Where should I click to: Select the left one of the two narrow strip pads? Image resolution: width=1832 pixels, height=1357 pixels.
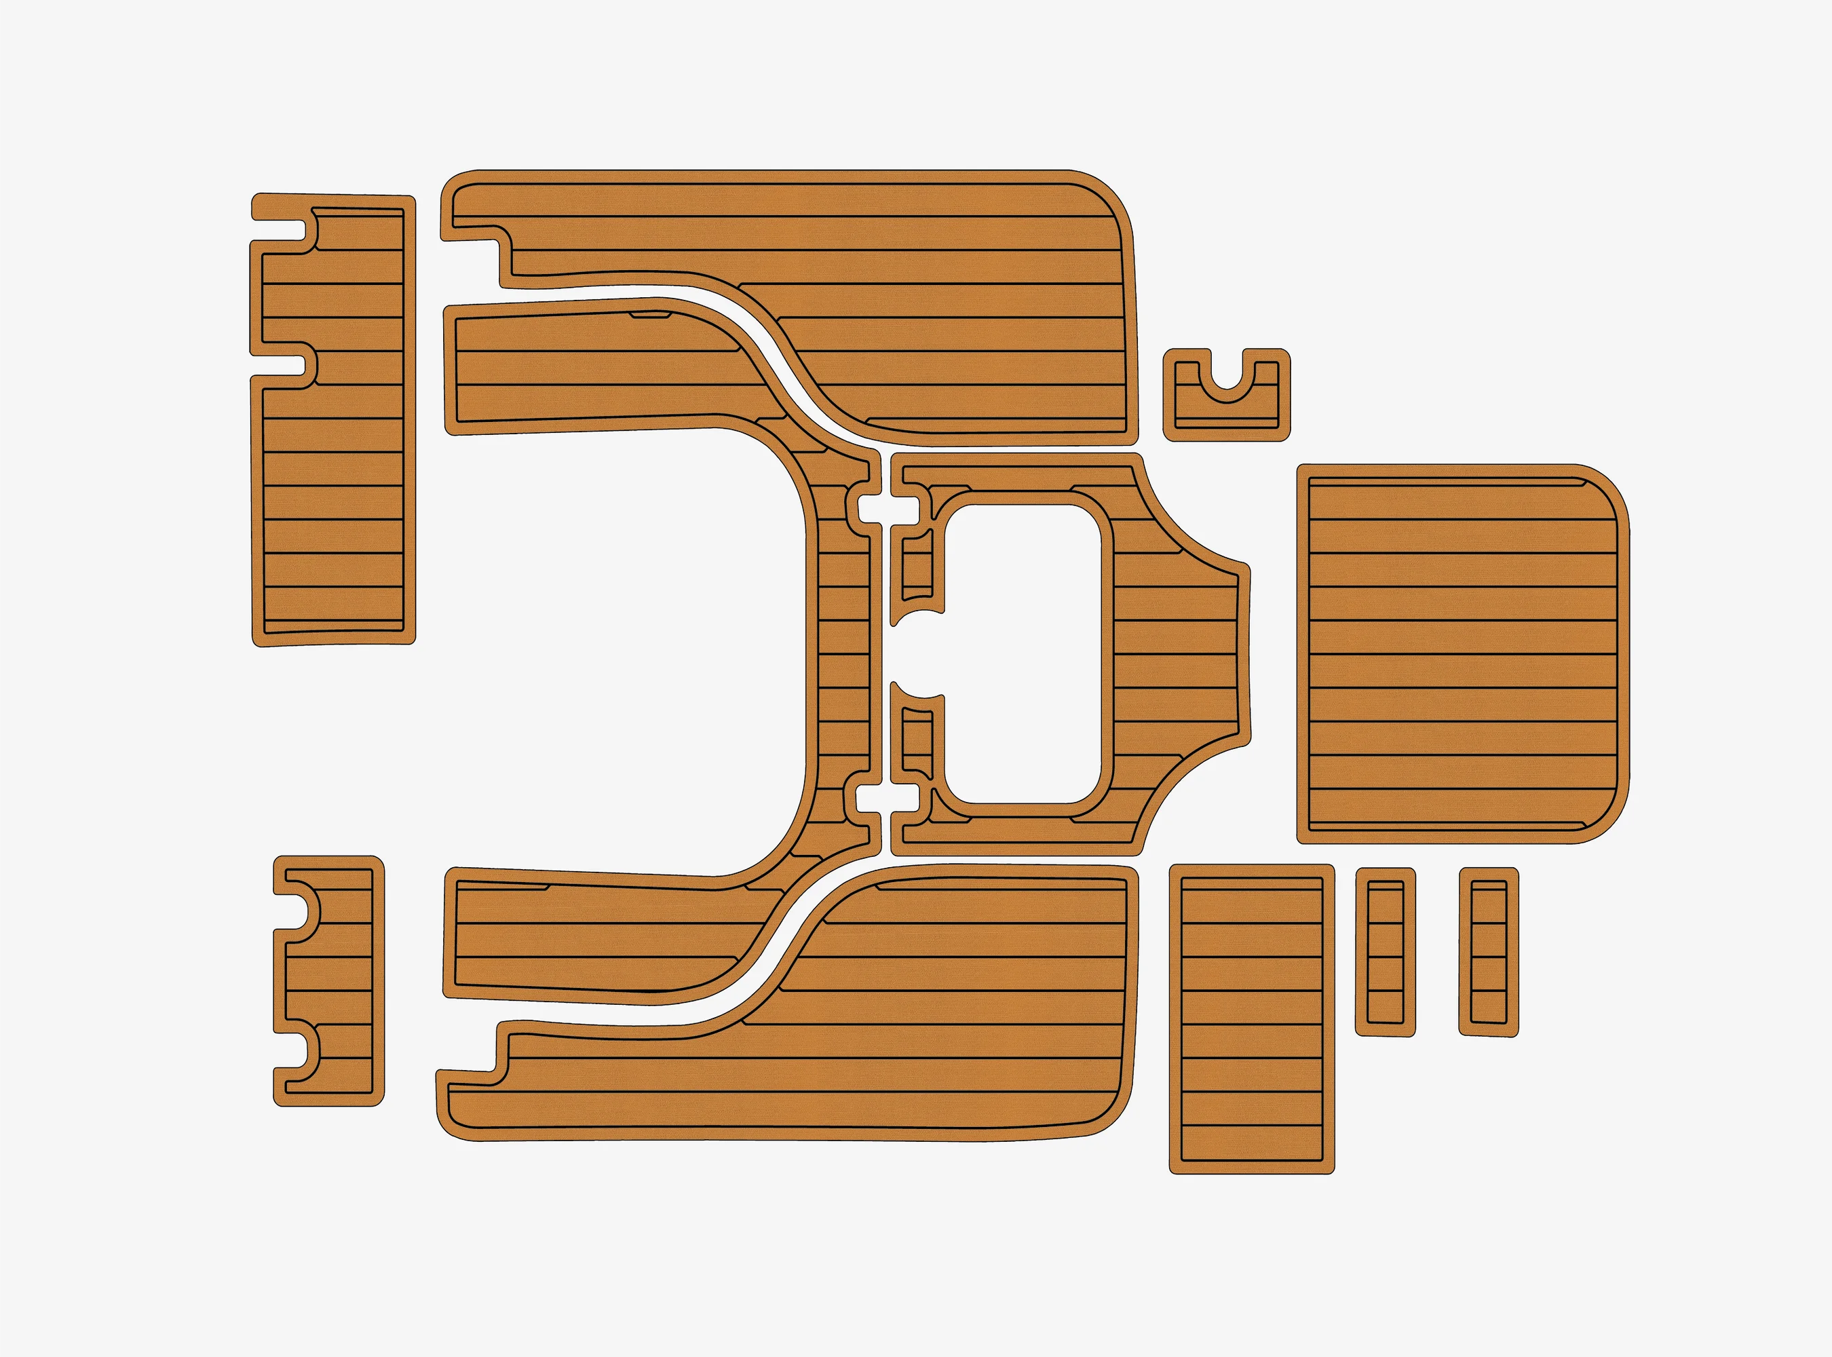1385,951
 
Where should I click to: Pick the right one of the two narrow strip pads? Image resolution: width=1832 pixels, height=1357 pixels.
1489,951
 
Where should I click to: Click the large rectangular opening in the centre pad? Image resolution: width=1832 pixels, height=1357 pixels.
1024,653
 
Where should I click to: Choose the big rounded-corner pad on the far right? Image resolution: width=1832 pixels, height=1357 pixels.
1462,653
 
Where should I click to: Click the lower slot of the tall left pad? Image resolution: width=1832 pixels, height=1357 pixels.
280,366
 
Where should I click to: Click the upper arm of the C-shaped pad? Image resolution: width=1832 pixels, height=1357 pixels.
592,370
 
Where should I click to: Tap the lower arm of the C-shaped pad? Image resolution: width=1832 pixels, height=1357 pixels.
592,936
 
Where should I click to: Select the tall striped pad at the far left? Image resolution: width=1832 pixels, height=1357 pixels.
332,493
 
